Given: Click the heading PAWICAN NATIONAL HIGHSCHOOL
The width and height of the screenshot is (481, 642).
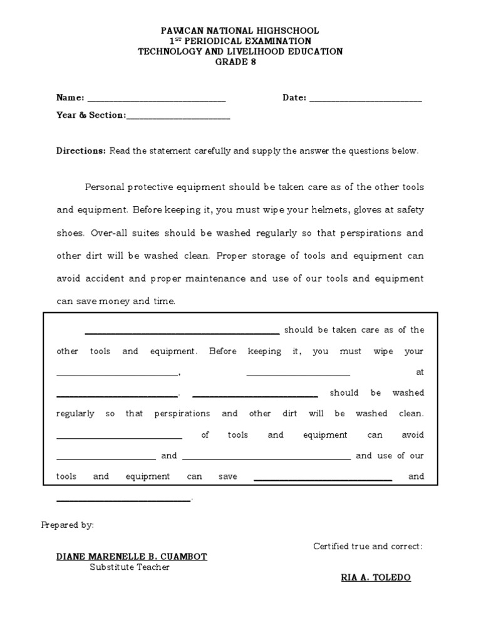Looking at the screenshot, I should click(240, 30).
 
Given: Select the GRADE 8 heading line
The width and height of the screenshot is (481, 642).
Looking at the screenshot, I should click(240, 62).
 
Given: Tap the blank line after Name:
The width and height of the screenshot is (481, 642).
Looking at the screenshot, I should click(156, 100).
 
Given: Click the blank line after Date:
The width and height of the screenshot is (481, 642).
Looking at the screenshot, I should click(365, 100).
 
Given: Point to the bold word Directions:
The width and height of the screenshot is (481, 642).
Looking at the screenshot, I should click(81, 151).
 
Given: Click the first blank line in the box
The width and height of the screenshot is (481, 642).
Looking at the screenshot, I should click(182, 334).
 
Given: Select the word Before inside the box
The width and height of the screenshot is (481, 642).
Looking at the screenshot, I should click(223, 352).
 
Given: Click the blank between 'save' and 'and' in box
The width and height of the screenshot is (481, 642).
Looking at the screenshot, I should click(323, 480).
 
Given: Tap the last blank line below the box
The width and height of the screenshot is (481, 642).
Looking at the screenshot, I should click(123, 500).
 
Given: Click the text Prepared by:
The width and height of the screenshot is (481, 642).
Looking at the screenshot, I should click(68, 525).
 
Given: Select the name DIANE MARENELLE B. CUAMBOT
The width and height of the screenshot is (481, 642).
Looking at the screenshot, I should click(132, 557).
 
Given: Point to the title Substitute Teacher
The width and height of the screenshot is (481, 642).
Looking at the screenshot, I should click(130, 567).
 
